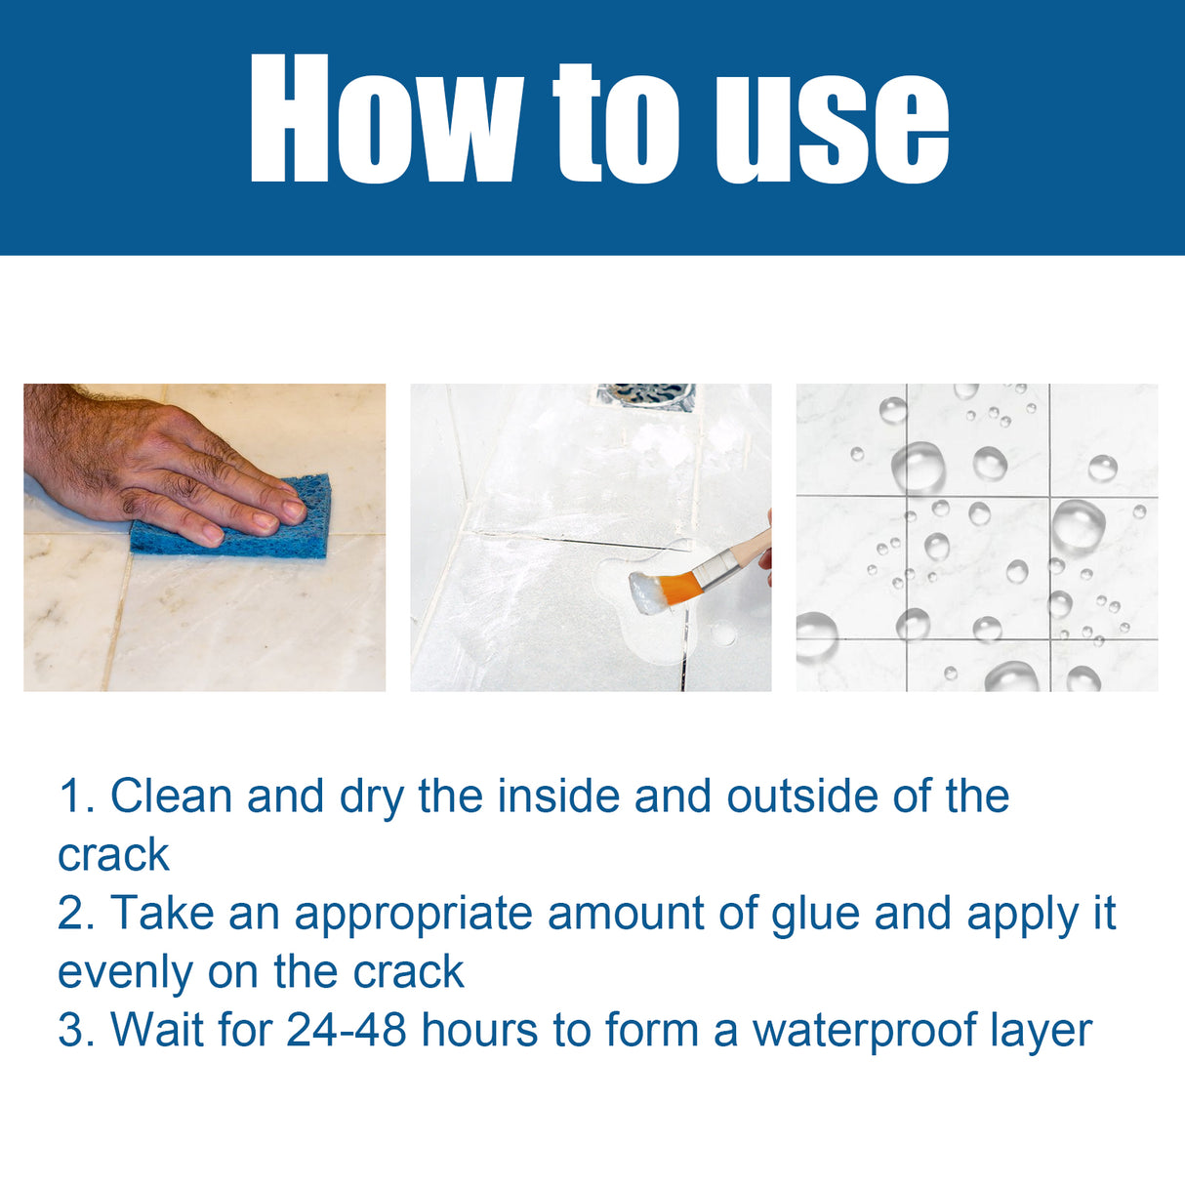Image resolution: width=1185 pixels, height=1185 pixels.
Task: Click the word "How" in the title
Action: [x=386, y=119]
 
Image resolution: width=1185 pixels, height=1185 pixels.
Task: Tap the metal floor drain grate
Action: [x=646, y=396]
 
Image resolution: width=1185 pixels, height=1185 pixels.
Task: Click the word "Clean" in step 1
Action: [x=172, y=797]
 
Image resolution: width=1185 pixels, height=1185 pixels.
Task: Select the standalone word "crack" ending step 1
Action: [x=113, y=855]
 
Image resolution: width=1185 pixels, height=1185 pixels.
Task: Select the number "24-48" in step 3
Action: [x=347, y=1031]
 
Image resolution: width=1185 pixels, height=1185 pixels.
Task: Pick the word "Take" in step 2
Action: [x=161, y=914]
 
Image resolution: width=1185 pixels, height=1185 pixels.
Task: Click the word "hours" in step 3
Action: [x=480, y=1031]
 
